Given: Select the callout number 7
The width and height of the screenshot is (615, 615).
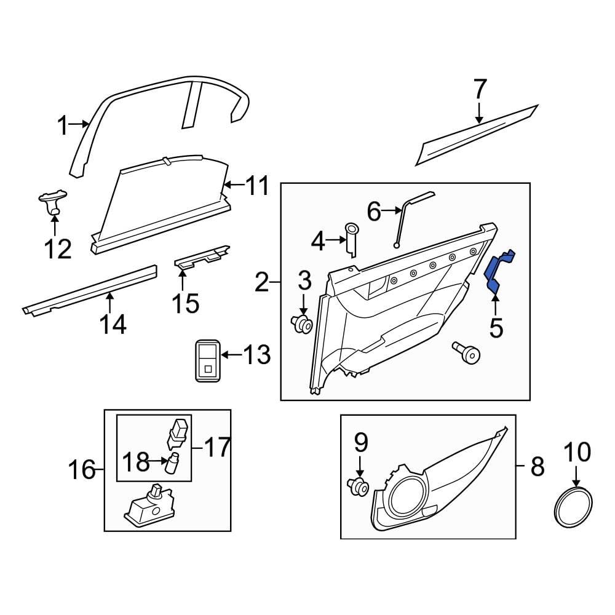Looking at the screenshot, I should (x=480, y=90).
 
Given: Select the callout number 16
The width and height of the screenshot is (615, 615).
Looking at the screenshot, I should (x=82, y=470).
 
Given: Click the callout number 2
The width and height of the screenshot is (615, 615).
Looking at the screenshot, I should (x=262, y=282).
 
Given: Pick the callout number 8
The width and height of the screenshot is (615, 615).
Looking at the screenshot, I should (x=537, y=467).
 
